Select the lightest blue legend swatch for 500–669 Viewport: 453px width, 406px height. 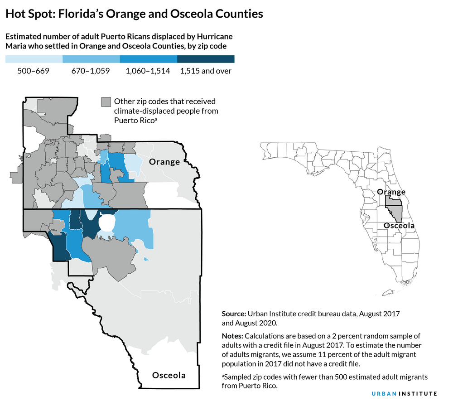(34, 59)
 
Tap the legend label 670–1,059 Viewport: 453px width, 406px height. (91, 71)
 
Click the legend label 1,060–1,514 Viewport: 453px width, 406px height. (148, 71)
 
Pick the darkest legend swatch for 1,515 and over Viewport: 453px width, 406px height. (206, 59)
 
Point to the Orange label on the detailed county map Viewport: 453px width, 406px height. (164, 162)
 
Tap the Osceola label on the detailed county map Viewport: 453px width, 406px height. (169, 375)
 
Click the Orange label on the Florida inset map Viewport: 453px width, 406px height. (391, 192)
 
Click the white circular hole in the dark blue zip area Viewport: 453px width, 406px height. (106, 223)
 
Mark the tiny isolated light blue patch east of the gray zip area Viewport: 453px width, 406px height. (146, 259)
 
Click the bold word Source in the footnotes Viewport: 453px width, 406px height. (233, 314)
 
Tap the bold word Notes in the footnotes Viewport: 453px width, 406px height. (232, 336)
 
